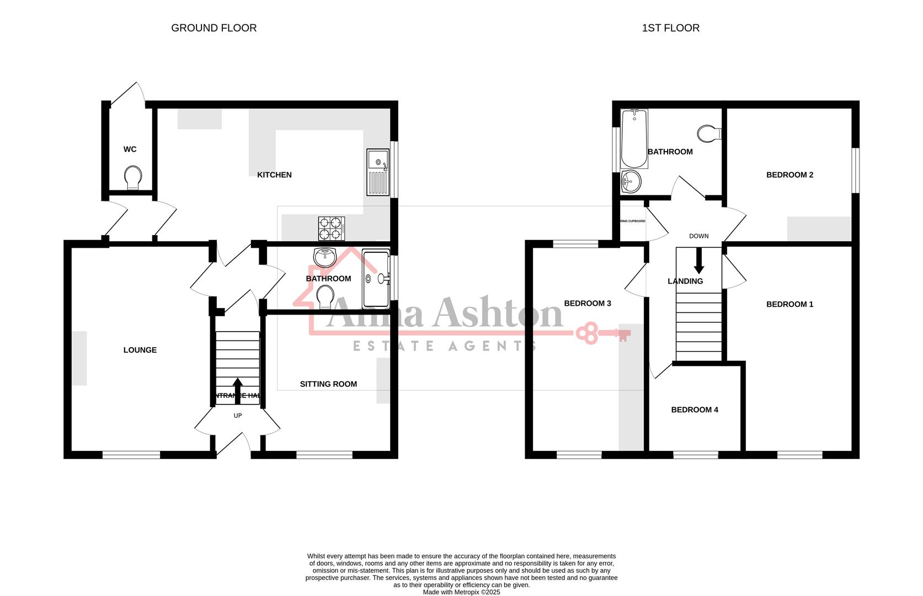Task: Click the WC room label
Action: click(130, 150)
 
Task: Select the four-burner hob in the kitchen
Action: click(331, 228)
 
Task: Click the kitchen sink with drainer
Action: click(378, 172)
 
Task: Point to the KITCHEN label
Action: click(274, 175)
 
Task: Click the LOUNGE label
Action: click(140, 350)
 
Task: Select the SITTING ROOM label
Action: click(328, 384)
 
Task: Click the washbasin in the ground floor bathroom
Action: click(325, 257)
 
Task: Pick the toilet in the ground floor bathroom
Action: click(326, 297)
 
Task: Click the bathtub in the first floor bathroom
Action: click(634, 139)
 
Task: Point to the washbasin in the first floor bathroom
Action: click(630, 181)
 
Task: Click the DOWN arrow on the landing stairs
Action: click(699, 261)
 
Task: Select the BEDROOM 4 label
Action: click(695, 410)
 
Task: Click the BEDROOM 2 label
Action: click(789, 175)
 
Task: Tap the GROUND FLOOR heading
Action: click(214, 28)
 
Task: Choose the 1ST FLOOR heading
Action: click(670, 28)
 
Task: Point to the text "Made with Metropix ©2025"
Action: click(461, 592)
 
